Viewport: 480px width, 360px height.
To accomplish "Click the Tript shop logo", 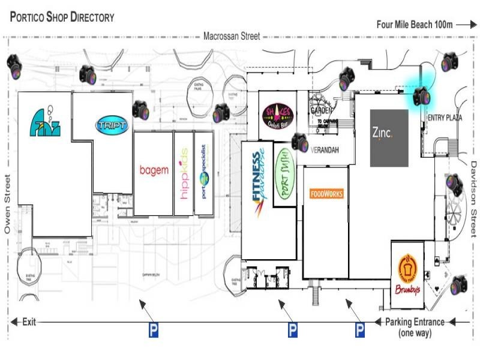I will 112,125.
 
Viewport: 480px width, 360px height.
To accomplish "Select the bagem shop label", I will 154,170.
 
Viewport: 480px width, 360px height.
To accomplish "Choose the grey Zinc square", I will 389,138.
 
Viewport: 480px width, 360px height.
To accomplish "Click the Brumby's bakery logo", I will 408,275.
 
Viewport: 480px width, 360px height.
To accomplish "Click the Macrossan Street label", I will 232,36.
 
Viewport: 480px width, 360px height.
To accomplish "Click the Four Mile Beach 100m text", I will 414,25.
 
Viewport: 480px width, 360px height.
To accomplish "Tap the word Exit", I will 29,322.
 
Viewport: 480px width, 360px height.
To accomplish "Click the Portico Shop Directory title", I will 62,17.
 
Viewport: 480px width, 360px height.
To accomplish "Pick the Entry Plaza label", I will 445,118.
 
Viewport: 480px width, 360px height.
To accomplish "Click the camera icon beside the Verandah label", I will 299,142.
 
